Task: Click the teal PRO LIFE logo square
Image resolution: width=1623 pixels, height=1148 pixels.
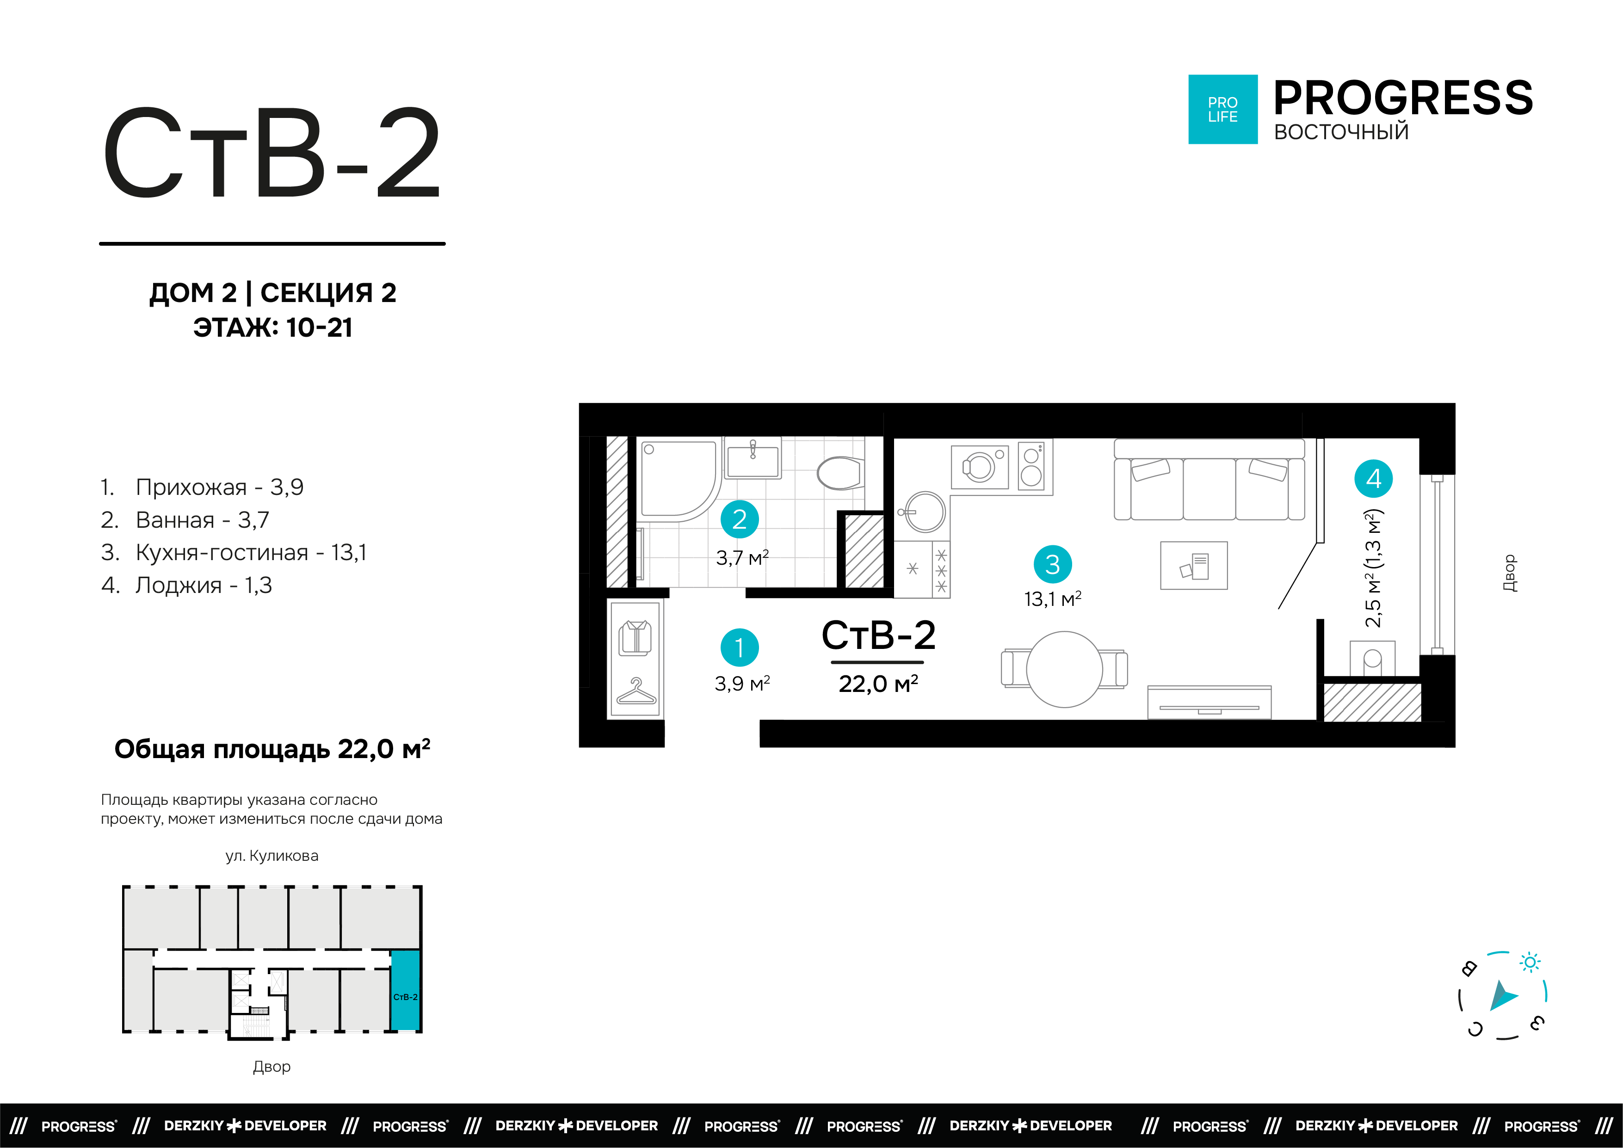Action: (x=1222, y=110)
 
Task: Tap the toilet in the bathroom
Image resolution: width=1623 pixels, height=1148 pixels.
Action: (x=840, y=472)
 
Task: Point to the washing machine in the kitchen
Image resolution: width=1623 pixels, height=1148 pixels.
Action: (x=980, y=467)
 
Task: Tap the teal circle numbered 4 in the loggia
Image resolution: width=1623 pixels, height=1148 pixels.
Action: (x=1373, y=479)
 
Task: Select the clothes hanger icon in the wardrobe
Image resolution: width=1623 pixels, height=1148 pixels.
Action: (x=636, y=691)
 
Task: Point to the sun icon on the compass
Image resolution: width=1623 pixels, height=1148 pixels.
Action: (x=1530, y=962)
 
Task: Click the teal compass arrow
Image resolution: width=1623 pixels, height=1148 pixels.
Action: (x=1503, y=997)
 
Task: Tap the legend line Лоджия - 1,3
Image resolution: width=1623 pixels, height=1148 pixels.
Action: (x=203, y=585)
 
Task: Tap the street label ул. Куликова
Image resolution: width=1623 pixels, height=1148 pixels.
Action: (x=272, y=856)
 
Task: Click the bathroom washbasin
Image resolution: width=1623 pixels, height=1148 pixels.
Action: (x=753, y=459)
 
